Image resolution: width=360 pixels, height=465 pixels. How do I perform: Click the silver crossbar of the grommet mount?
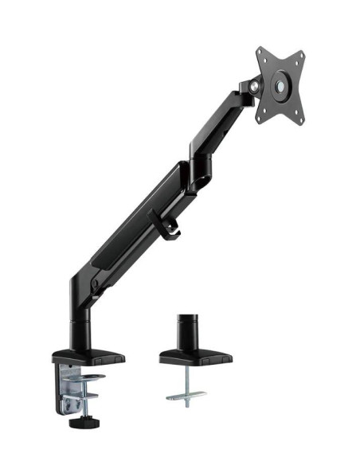tap(186, 395)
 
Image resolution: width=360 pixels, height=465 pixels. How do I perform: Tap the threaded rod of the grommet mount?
tap(185, 379)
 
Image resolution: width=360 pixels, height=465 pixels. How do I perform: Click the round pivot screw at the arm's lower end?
tap(95, 284)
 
